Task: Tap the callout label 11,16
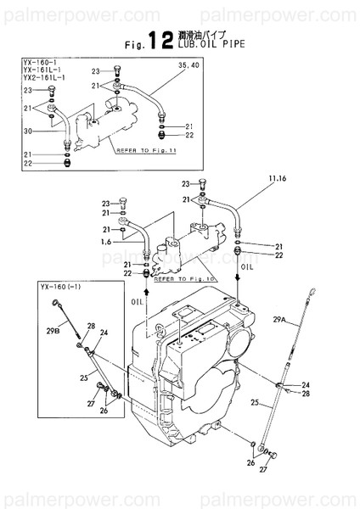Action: (255, 179)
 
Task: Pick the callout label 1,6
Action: (106, 243)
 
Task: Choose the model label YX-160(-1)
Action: (59, 288)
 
